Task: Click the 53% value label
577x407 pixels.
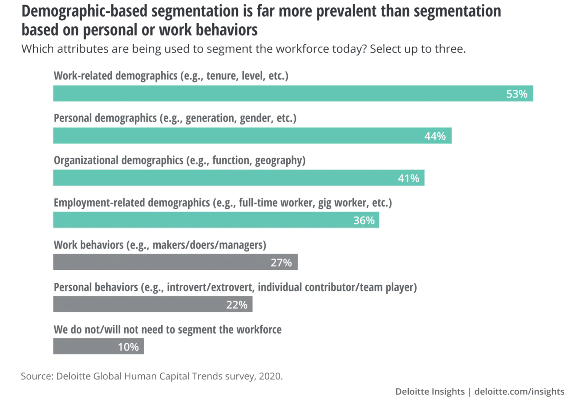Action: point(517,94)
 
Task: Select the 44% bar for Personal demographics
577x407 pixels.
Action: point(252,136)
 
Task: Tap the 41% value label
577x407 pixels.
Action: point(408,178)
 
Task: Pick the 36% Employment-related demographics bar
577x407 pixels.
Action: point(216,220)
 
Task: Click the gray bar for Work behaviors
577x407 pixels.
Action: point(175,262)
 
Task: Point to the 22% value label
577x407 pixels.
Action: point(237,305)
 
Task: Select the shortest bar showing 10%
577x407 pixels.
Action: point(98,347)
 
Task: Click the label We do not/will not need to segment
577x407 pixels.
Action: point(168,330)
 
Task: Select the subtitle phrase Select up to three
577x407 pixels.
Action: point(418,49)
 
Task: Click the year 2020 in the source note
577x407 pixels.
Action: point(270,376)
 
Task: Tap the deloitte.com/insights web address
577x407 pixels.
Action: point(519,392)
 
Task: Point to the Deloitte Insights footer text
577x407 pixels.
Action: point(430,392)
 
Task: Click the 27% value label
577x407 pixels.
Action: point(281,263)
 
